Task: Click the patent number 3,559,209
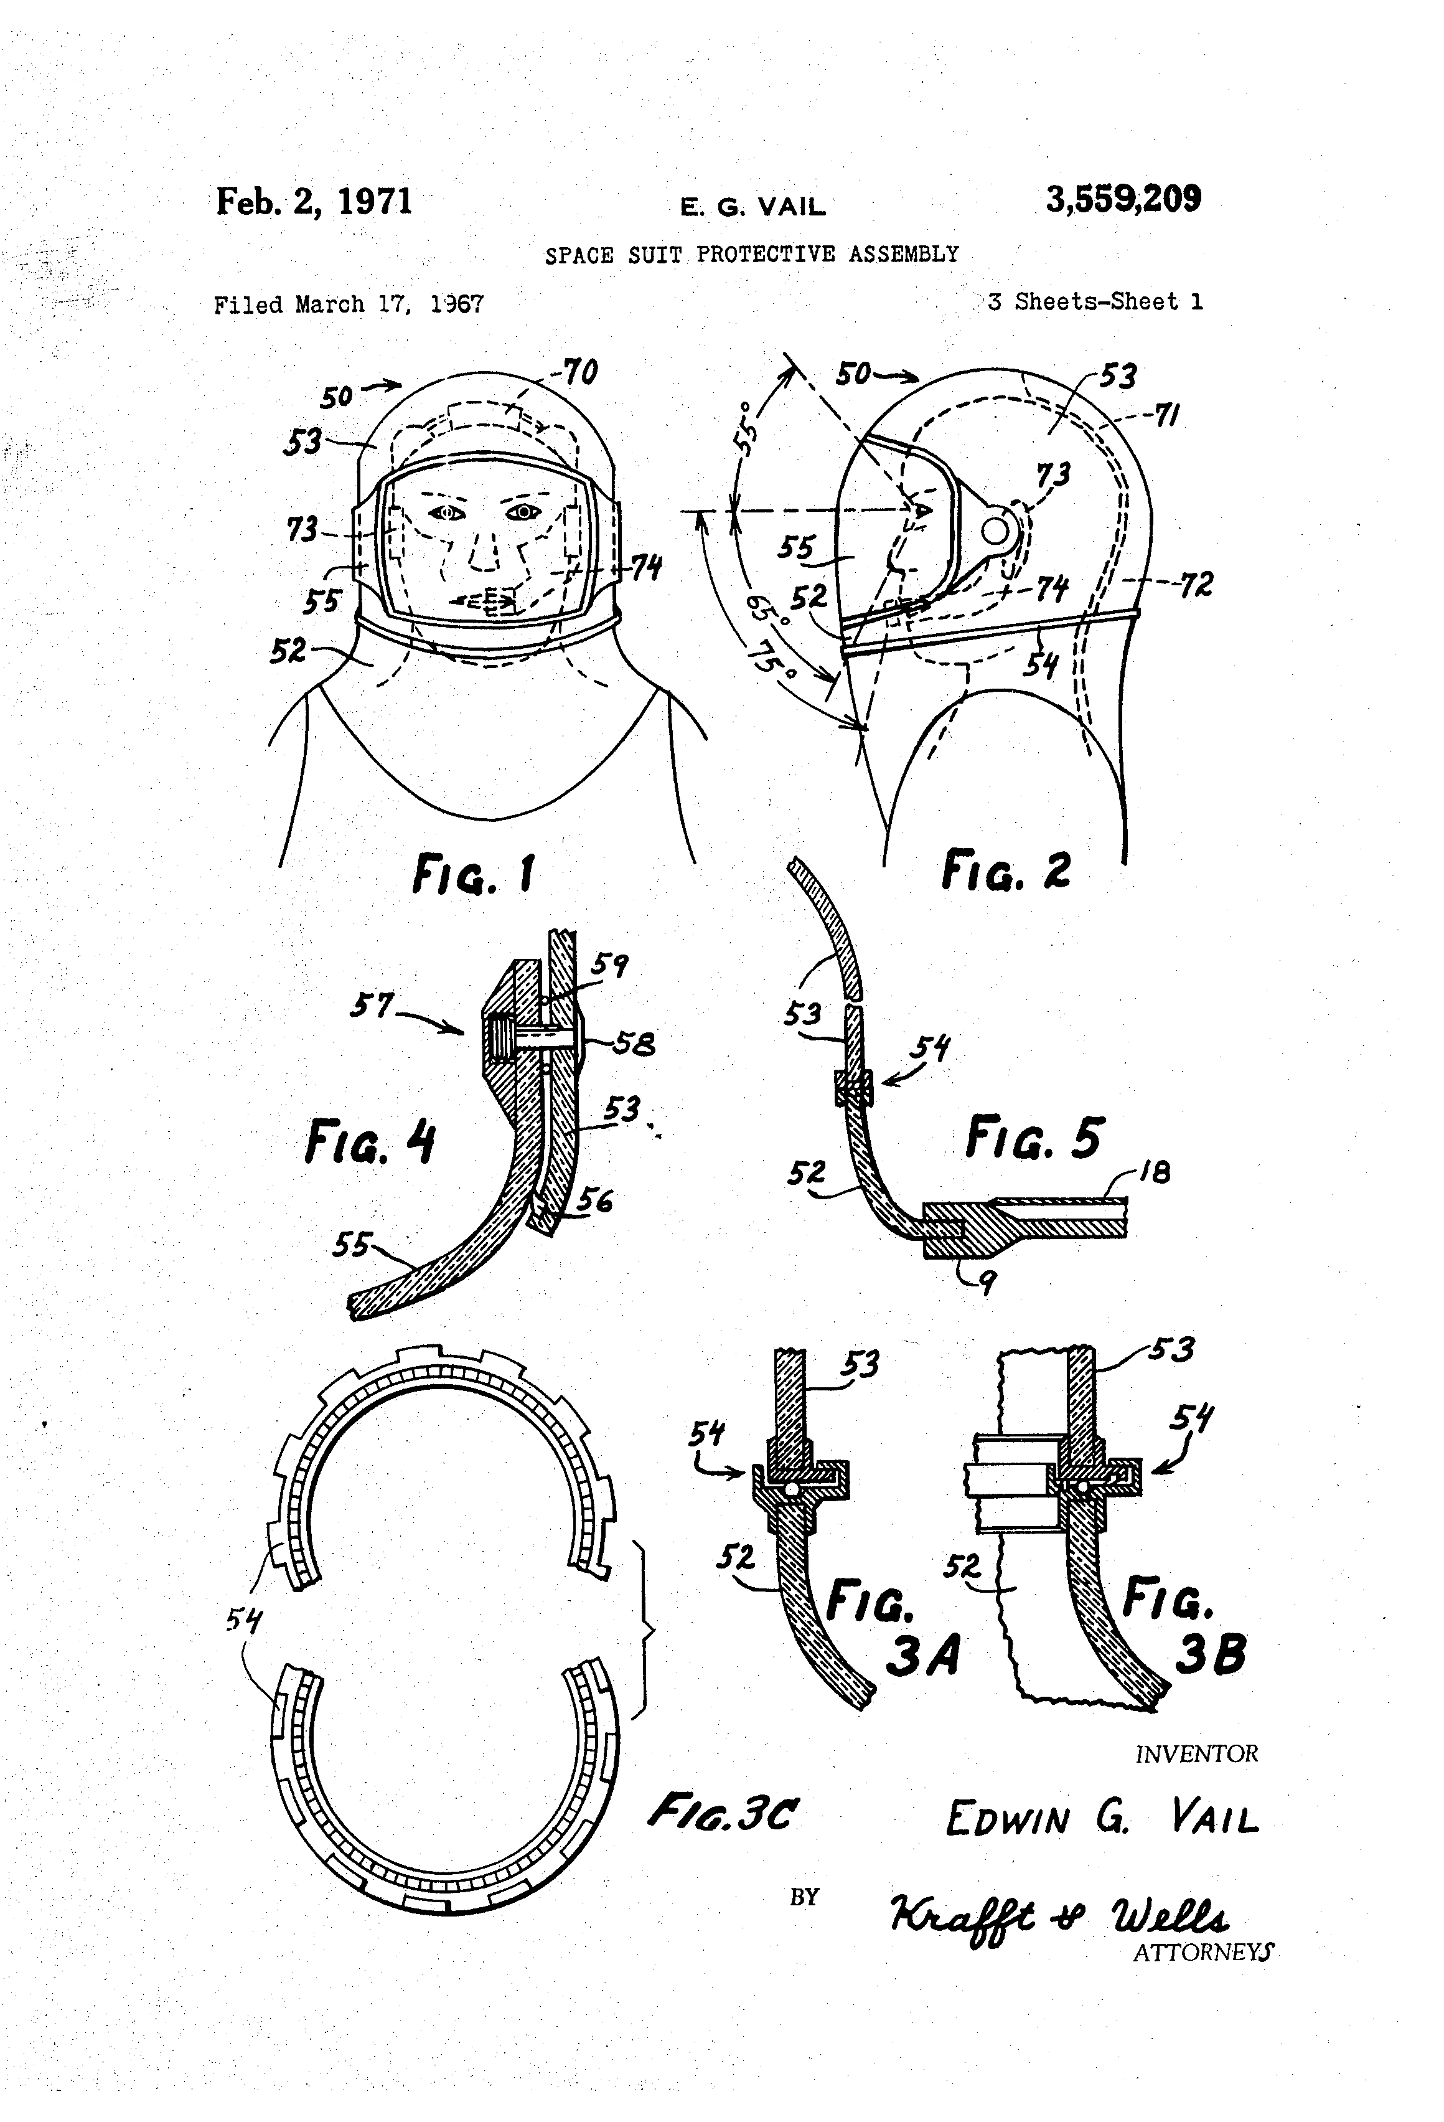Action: point(1123,199)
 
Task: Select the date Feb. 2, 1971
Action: point(314,202)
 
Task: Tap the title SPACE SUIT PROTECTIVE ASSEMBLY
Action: point(752,254)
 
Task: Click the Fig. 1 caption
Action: point(474,873)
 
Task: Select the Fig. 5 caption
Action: point(1034,1137)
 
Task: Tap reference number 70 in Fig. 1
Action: point(579,372)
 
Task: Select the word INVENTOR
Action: point(1197,1754)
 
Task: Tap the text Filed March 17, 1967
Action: point(349,304)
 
